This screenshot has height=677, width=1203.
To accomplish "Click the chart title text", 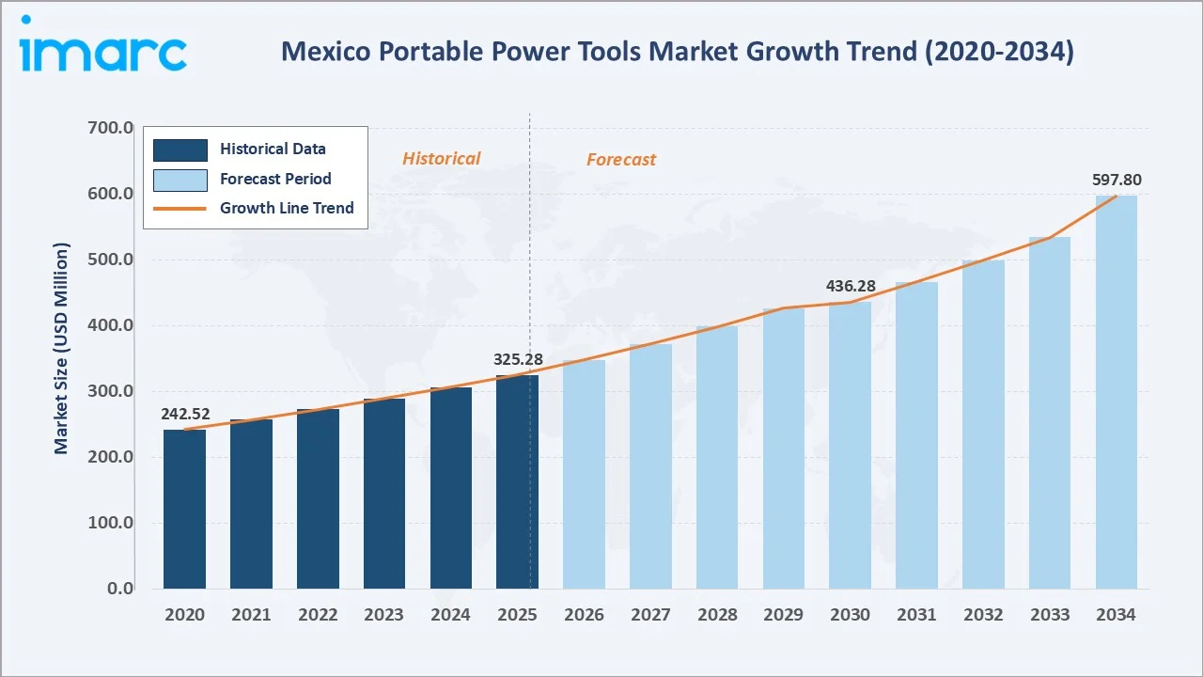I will [677, 52].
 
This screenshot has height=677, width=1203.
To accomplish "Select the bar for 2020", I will [184, 509].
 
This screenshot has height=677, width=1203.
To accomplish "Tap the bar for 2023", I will [384, 494].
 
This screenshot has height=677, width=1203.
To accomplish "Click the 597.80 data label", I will [1117, 180].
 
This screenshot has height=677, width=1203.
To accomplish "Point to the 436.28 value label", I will [851, 285].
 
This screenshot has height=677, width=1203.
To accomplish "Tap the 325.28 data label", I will [518, 359].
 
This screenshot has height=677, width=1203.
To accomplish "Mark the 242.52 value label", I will [184, 413].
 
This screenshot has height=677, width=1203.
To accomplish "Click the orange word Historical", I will [441, 159].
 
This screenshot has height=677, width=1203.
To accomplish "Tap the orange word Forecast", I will [620, 160].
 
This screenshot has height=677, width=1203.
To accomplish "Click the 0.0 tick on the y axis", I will [120, 589].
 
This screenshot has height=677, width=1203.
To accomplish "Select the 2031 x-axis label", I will [916, 615].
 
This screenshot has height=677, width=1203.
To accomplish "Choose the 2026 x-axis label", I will [584, 615].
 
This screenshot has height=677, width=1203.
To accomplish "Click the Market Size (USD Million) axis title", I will [62, 349].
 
